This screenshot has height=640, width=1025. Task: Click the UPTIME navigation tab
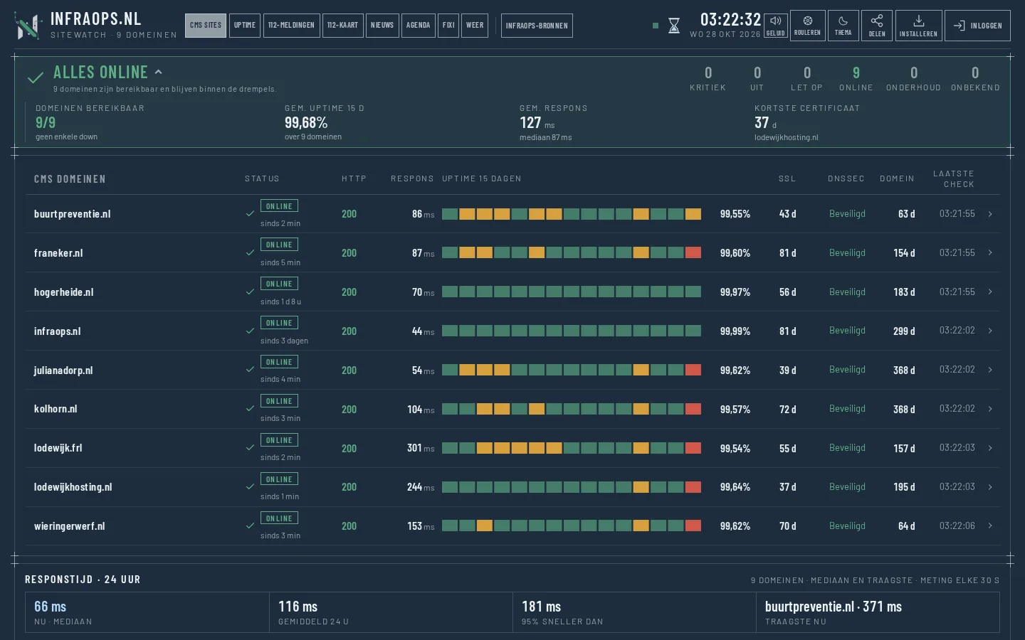[x=245, y=25]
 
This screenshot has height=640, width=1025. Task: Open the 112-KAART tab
[x=343, y=25]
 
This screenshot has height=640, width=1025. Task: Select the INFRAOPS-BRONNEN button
[x=537, y=26]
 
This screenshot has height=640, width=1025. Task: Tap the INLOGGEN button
[x=977, y=26]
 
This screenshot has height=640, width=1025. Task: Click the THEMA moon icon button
[x=843, y=26]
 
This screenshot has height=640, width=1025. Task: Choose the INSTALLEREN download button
[x=918, y=26]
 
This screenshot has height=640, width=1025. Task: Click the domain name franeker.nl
[x=58, y=253]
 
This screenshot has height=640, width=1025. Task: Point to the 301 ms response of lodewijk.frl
[x=421, y=448]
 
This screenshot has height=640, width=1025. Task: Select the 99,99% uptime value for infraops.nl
[x=735, y=331]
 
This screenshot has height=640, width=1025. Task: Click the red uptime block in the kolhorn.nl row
[x=693, y=409]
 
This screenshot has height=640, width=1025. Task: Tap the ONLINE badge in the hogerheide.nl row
[x=279, y=284]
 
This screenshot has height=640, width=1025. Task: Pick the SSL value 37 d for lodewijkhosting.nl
[x=787, y=487]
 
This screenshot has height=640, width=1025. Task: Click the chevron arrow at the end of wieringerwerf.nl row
[x=990, y=526]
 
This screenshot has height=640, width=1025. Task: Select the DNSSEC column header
[x=846, y=178]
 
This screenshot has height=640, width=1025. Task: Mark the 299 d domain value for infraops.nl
[x=904, y=331]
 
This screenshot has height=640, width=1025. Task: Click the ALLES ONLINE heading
[x=100, y=73]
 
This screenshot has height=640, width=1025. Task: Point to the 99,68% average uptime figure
[x=306, y=122]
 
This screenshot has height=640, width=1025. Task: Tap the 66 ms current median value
[x=50, y=607]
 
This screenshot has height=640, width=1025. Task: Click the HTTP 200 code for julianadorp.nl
[x=349, y=370]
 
